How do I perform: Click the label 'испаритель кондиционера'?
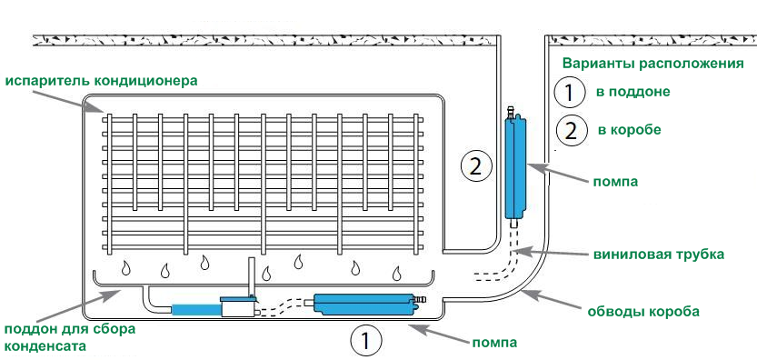pyautogui.click(x=102, y=81)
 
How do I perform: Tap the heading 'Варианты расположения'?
pyautogui.click(x=652, y=65)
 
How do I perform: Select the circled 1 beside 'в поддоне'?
pyautogui.click(x=570, y=93)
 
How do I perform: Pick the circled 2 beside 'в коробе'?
pyautogui.click(x=571, y=131)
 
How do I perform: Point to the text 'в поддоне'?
pyautogui.click(x=632, y=92)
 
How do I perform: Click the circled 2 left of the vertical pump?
pyautogui.click(x=476, y=166)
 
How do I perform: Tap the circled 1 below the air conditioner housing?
pyautogui.click(x=366, y=341)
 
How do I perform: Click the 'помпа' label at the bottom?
pyautogui.click(x=494, y=343)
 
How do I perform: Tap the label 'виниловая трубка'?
pyautogui.click(x=659, y=255)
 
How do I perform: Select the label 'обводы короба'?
pyautogui.click(x=643, y=312)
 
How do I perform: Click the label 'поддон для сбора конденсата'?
pyautogui.click(x=70, y=338)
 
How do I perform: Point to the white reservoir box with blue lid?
pyautogui.click(x=240, y=306)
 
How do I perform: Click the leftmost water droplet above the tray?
pyautogui.click(x=126, y=267)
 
